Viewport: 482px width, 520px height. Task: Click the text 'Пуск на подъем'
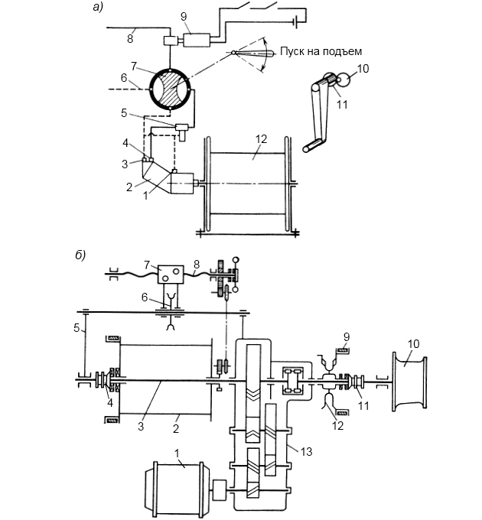coord(321,51)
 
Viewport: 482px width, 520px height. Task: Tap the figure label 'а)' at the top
coord(98,7)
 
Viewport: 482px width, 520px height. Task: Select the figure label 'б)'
coord(80,255)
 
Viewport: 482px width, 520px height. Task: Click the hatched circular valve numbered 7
coord(170,89)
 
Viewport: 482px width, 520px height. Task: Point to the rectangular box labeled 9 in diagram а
coord(197,41)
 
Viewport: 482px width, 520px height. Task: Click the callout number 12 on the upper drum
coord(262,139)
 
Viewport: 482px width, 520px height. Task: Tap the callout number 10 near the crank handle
coord(363,69)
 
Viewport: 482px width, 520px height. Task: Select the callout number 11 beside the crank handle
coord(342,105)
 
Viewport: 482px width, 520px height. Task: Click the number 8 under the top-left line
coord(130,39)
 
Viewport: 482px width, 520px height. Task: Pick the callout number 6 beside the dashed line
coord(124,78)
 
